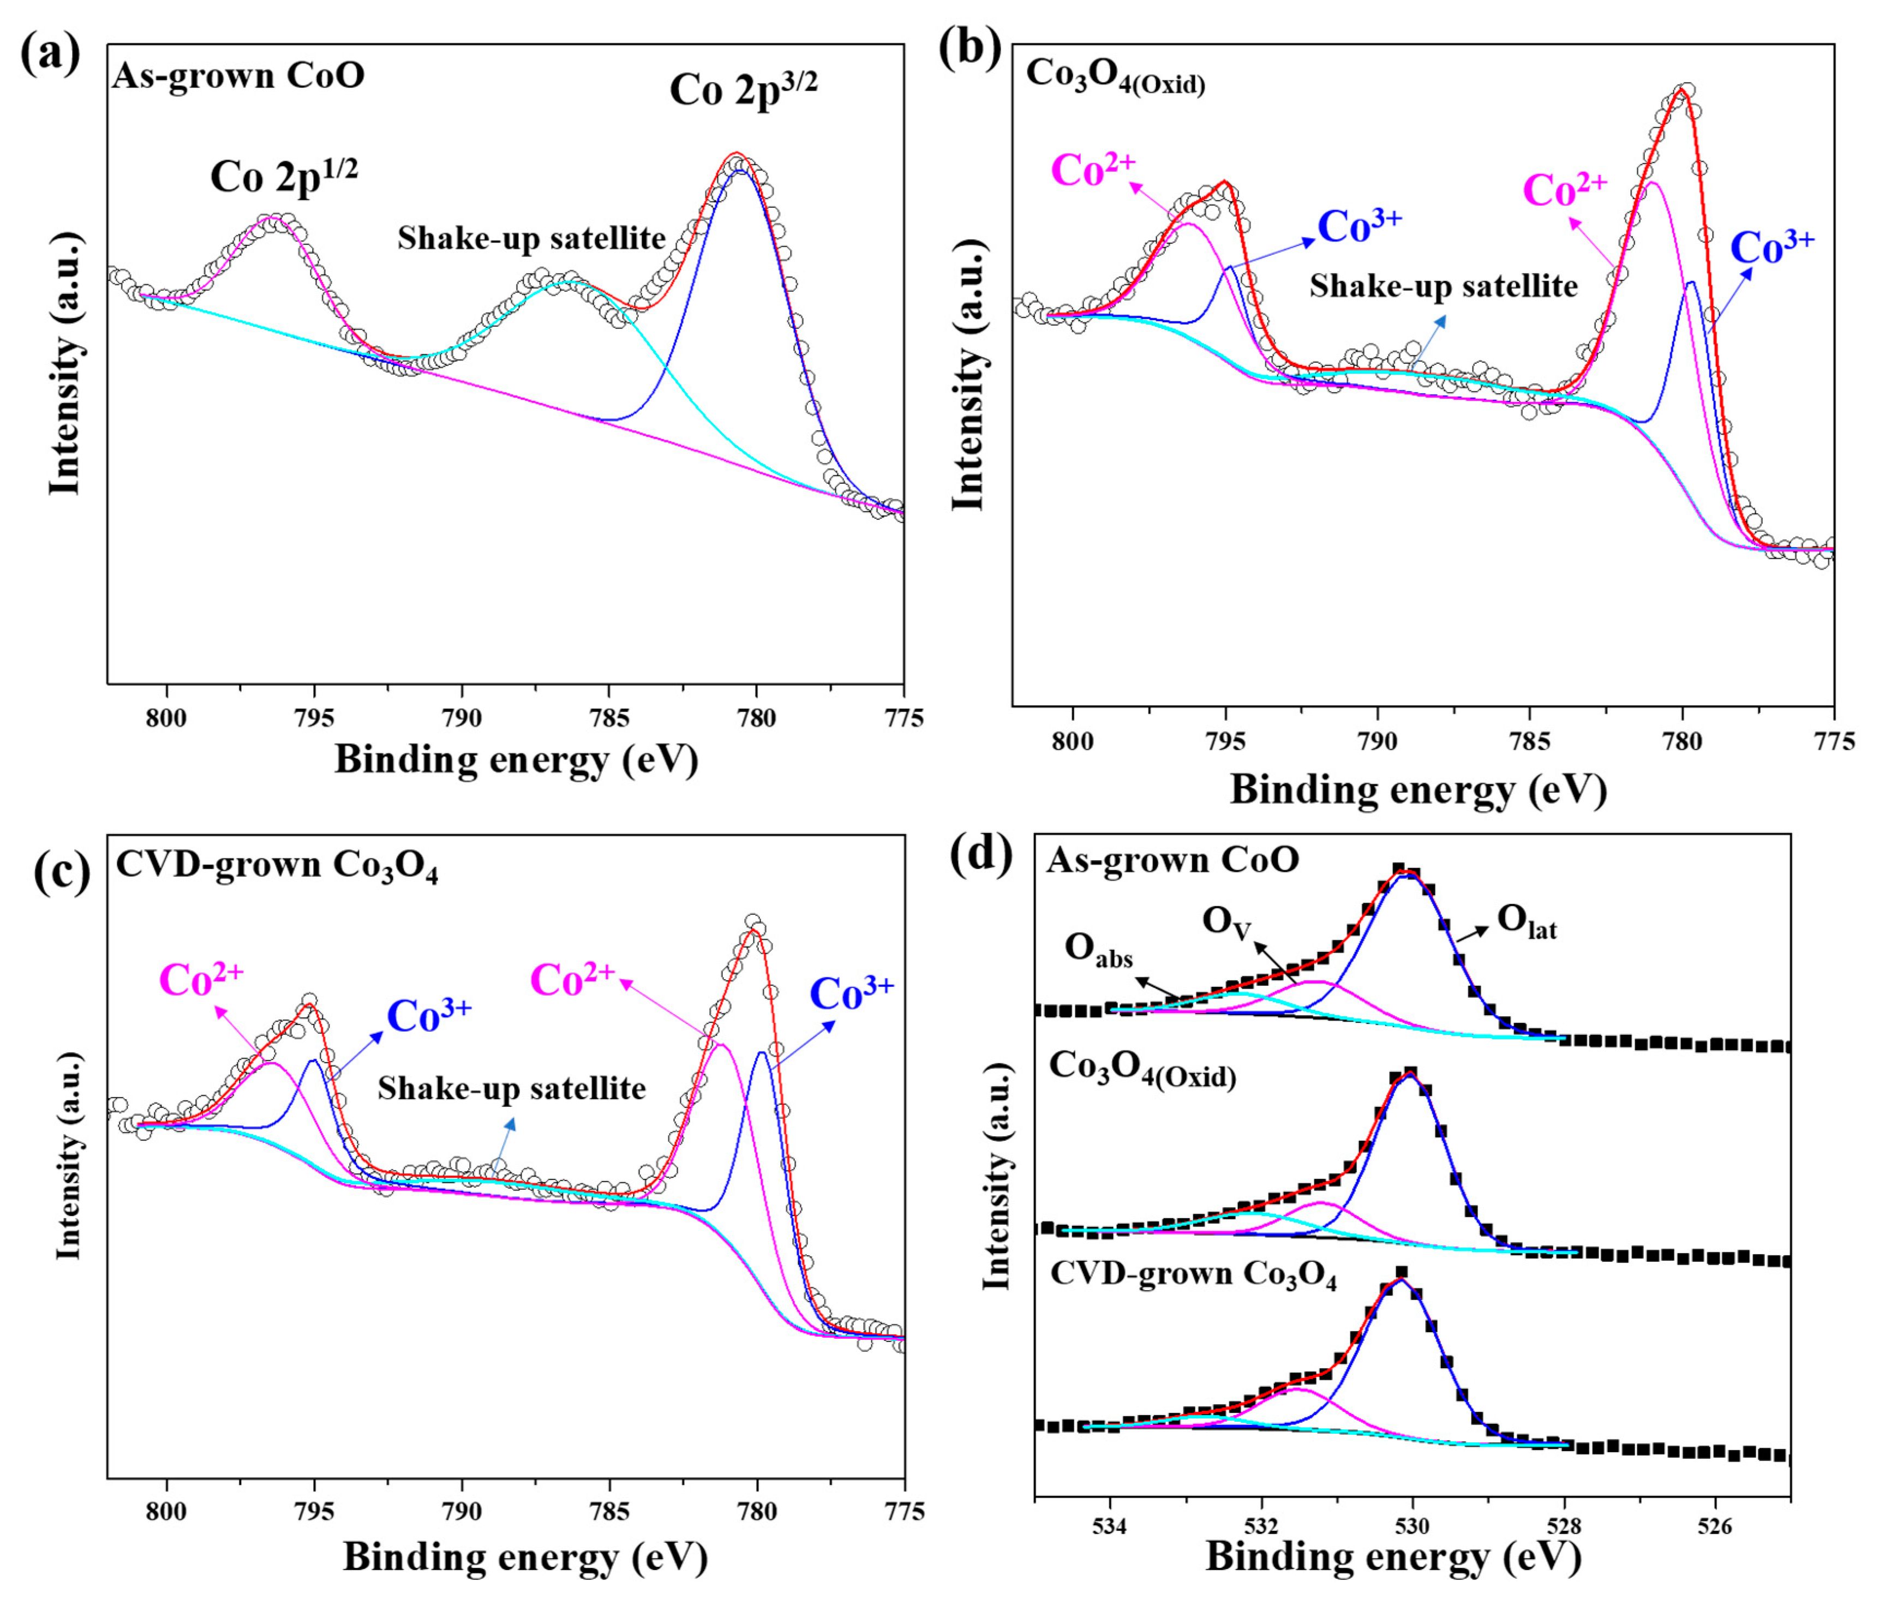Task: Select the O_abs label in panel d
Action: click(x=1098, y=949)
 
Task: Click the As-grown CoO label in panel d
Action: click(x=1172, y=860)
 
